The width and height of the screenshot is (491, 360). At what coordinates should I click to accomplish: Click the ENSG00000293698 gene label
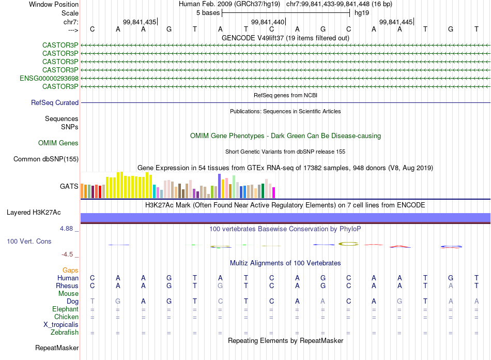pos(49,78)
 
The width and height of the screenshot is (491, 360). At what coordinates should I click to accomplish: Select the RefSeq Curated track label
pos(55,103)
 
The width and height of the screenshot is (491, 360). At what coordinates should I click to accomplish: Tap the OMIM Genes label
pos(58,143)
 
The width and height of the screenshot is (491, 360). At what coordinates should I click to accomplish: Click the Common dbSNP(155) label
pos(46,159)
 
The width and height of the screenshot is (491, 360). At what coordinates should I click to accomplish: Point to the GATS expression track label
pos(69,186)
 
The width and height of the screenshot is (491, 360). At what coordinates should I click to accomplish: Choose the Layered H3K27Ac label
pos(34,213)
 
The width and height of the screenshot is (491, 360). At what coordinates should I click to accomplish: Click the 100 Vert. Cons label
pos(29,242)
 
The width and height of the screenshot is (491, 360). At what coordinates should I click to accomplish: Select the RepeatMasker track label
pos(57,348)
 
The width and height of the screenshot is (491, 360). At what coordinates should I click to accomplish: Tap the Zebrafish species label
pos(65,333)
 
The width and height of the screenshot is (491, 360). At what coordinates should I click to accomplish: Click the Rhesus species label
pos(67,286)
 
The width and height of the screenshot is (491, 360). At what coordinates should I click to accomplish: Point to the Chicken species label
pos(66,317)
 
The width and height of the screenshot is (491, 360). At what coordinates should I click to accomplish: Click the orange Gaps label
pos(70,271)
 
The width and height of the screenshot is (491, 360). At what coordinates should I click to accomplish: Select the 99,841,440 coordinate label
pos(268,22)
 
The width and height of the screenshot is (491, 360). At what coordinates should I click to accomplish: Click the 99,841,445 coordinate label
pos(396,22)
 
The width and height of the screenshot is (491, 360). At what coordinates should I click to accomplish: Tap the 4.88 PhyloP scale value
pos(70,228)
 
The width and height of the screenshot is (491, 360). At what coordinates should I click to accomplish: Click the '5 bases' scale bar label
pos(208,13)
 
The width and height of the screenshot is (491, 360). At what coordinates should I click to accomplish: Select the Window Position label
pos(54,4)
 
